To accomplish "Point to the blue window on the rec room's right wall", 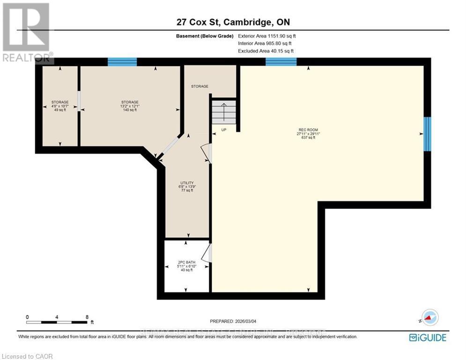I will [x=427, y=134].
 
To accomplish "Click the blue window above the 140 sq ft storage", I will [x=122, y=62].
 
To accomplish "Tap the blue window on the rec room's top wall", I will [x=281, y=62].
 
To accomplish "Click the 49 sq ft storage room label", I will [x=60, y=106].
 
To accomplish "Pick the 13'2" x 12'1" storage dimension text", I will [x=130, y=106].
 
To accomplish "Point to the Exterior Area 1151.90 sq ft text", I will [x=267, y=36].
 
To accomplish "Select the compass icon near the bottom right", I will [x=429, y=318].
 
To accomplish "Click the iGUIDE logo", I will [x=427, y=337].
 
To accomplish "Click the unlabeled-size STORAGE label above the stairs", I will [x=200, y=86].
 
